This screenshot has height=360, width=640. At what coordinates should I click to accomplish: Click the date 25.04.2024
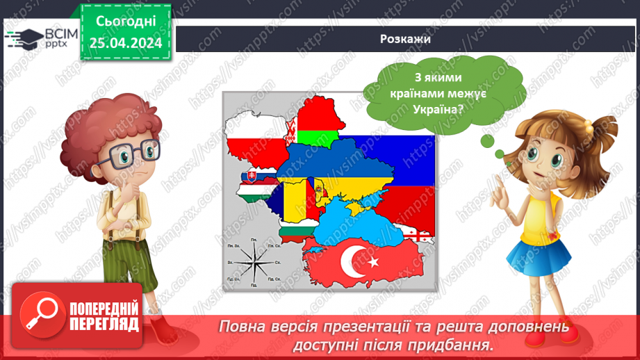click(x=126, y=43)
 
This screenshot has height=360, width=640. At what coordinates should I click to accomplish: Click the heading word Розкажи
click(x=407, y=38)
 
